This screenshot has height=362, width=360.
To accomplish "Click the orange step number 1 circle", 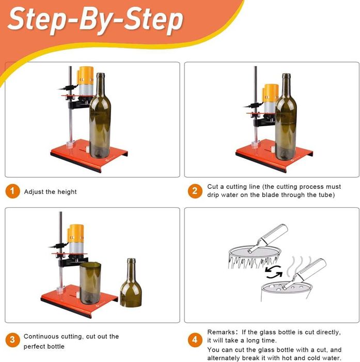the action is (x=12, y=191).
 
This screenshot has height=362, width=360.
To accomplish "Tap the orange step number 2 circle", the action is (x=195, y=191).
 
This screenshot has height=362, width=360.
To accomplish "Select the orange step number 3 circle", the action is (x=12, y=340).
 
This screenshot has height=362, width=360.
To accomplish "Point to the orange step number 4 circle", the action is (x=195, y=340).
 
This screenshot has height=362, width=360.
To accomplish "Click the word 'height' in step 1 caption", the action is (x=67, y=192).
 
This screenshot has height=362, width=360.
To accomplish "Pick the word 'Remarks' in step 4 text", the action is (x=221, y=332).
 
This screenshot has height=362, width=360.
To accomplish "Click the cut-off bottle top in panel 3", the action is (x=131, y=283).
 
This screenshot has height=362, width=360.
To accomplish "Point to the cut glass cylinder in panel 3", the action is (x=90, y=283).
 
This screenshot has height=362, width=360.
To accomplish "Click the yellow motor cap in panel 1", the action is (x=86, y=76).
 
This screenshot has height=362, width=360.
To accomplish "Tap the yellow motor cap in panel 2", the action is (x=271, y=93).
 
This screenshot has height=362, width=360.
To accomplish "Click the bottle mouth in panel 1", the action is (x=101, y=75).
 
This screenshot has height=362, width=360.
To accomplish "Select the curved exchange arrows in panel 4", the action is (x=274, y=271).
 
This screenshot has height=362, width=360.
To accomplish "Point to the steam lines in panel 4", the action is (x=299, y=266).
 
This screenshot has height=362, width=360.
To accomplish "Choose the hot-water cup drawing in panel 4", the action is (x=286, y=292).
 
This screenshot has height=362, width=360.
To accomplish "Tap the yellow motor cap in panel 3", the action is (x=76, y=234).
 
